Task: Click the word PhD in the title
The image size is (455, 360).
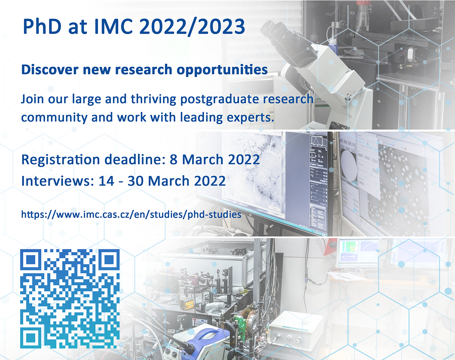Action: (42, 27)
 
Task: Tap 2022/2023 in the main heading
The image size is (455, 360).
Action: (192, 27)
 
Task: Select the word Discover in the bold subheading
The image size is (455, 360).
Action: (50, 70)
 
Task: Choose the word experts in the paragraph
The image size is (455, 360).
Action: (250, 118)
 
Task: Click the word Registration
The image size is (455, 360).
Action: (60, 160)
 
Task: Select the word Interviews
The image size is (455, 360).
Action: (58, 181)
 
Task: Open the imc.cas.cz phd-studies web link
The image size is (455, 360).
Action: (131, 214)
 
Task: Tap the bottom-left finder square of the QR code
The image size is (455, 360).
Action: (31, 337)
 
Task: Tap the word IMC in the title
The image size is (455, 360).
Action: (114, 27)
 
